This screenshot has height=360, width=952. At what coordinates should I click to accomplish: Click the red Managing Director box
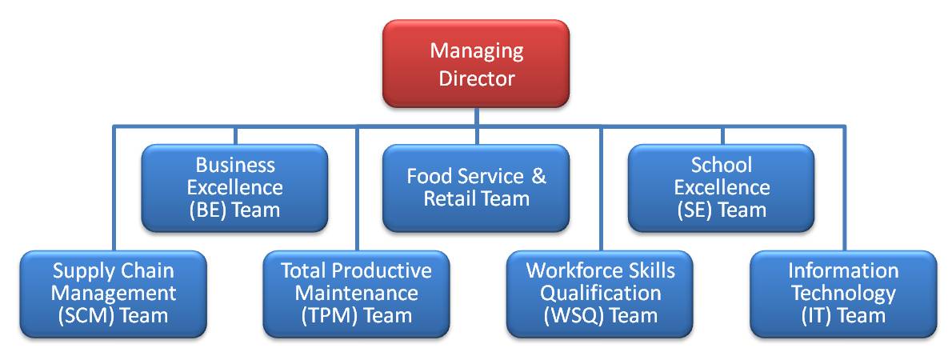click(x=476, y=64)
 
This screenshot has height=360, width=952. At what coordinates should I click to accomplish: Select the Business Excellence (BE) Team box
click(x=234, y=188)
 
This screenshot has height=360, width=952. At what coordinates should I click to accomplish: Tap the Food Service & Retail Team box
click(x=476, y=188)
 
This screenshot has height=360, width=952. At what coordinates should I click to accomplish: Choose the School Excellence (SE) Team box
click(x=721, y=188)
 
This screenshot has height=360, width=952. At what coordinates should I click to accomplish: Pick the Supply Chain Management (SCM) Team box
click(x=113, y=293)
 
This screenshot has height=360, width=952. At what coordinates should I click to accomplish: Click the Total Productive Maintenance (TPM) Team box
click(x=356, y=293)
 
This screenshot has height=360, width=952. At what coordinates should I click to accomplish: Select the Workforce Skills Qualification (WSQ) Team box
click(x=600, y=293)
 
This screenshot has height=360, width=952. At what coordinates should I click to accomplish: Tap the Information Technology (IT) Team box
click(x=843, y=293)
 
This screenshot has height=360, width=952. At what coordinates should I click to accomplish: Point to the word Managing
click(x=477, y=51)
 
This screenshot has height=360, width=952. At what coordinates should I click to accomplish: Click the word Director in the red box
click(x=477, y=78)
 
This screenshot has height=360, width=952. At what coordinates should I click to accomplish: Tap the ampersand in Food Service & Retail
click(x=538, y=177)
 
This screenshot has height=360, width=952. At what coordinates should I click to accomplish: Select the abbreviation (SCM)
click(x=84, y=315)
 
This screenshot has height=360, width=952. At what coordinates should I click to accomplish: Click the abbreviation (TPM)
click(x=328, y=315)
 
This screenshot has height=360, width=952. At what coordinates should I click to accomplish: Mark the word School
click(x=722, y=166)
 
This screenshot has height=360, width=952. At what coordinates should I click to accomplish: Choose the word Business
click(x=235, y=166)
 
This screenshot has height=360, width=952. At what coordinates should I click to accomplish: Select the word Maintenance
click(x=356, y=293)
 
